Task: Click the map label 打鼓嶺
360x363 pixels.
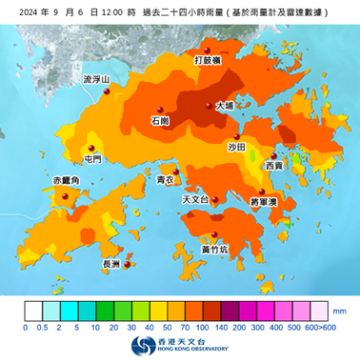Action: tap(208, 59)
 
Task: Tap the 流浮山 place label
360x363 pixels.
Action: tap(97, 79)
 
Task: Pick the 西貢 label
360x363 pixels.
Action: tap(274, 166)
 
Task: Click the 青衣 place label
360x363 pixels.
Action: tap(164, 179)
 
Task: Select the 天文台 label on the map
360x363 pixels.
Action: tap(193, 201)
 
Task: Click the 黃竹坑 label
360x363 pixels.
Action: tap(214, 249)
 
